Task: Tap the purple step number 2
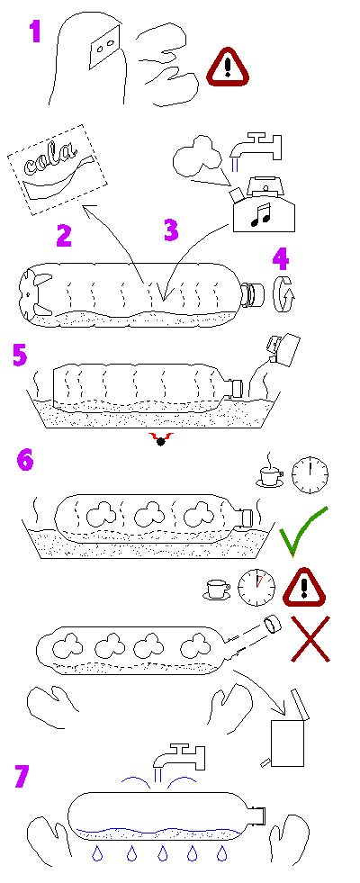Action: pyautogui.click(x=64, y=235)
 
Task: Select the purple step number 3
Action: pyautogui.click(x=171, y=230)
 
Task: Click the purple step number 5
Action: pyautogui.click(x=20, y=356)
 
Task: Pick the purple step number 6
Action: pyautogui.click(x=25, y=460)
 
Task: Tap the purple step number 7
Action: pyautogui.click(x=21, y=776)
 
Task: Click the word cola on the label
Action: pyautogui.click(x=51, y=160)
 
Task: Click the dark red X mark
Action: pyautogui.click(x=310, y=638)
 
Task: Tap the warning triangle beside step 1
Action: pyautogui.click(x=227, y=67)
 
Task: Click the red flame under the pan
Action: pyautogui.click(x=160, y=438)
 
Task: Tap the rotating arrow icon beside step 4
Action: pyautogui.click(x=285, y=294)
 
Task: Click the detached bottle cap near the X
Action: pyautogui.click(x=272, y=624)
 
